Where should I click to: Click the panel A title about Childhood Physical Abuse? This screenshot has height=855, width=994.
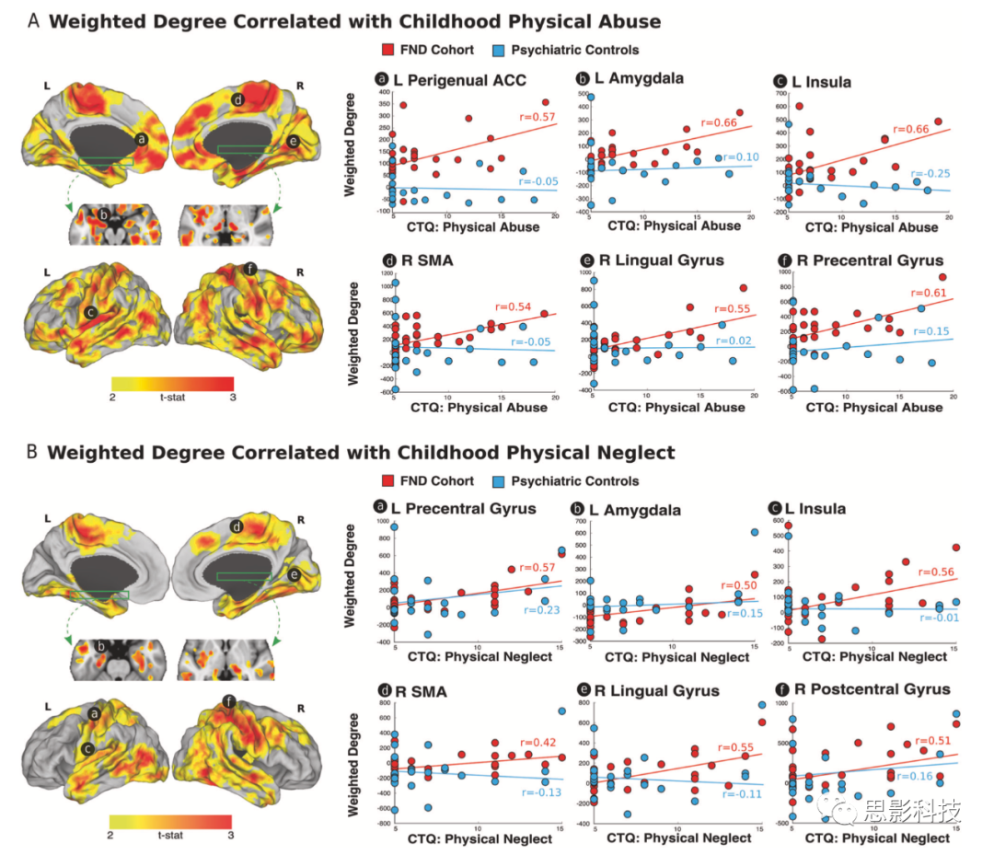coord(354,21)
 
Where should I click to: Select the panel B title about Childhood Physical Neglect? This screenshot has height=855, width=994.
coord(361,452)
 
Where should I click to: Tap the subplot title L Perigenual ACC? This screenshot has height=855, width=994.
coord(459,81)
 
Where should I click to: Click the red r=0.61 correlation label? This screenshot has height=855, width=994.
coord(928,292)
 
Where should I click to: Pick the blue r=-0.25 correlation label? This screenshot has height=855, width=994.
coord(927,174)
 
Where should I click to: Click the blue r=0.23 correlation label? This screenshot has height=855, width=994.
coord(541,609)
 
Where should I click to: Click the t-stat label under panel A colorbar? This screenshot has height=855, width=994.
coord(171,396)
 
